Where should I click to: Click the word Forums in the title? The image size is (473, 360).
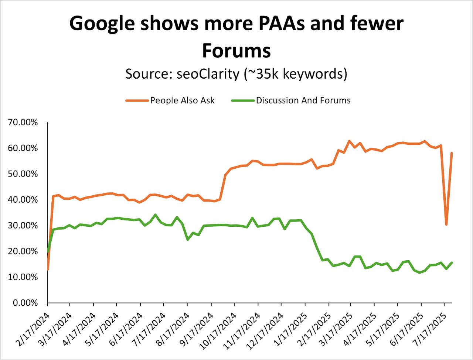click(236, 51)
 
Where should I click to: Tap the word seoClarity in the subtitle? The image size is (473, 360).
click(208, 74)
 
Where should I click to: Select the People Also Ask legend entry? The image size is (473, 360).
click(182, 100)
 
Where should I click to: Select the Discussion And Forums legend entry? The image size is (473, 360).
click(303, 100)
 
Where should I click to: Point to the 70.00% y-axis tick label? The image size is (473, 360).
click(23, 122)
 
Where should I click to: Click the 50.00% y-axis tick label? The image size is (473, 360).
click(23, 174)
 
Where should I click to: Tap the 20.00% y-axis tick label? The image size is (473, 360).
click(23, 251)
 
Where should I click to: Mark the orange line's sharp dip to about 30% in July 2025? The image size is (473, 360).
click(446, 224)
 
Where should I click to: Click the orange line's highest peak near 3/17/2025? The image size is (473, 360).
click(349, 141)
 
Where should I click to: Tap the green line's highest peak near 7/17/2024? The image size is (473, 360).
click(155, 215)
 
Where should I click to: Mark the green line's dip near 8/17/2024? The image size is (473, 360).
click(188, 240)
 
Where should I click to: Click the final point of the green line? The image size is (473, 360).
click(452, 263)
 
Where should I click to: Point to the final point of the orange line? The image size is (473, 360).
click(452, 153)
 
